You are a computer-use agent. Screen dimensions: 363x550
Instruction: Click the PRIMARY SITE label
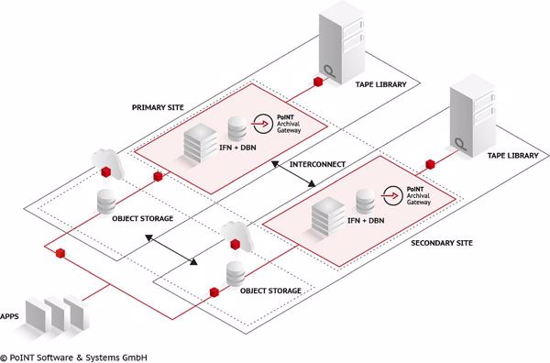pyautogui.click(x=157, y=107)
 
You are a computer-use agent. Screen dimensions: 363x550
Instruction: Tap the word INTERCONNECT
pyautogui.click(x=317, y=165)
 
